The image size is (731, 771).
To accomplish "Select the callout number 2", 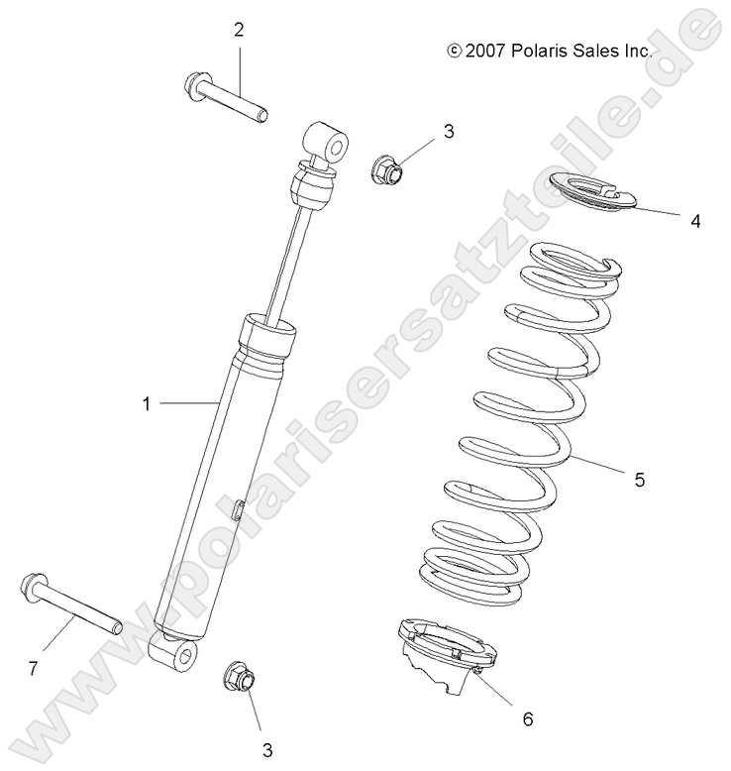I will (239, 30).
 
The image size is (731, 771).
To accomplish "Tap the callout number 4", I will (695, 221).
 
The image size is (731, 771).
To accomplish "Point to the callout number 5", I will (640, 480).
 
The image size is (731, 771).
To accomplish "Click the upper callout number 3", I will (449, 130).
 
